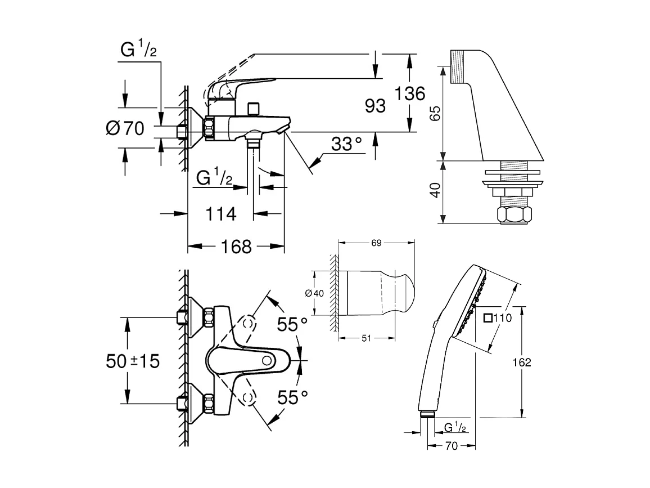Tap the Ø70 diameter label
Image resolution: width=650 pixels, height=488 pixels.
(125, 129)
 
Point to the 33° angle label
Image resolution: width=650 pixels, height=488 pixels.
(346, 145)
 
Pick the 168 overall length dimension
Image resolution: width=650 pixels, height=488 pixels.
(236, 246)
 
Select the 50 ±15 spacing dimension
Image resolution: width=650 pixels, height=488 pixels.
(133, 361)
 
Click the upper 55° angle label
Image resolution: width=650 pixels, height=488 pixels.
(292, 325)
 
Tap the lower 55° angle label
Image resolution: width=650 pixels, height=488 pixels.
(292, 397)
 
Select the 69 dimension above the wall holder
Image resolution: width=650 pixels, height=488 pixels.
(377, 243)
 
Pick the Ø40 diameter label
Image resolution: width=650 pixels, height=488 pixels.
(314, 293)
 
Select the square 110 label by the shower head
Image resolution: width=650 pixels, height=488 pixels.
(497, 318)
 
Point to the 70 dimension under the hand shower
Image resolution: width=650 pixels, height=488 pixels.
(452, 446)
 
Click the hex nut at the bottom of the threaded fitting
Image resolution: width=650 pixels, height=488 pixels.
(513, 215)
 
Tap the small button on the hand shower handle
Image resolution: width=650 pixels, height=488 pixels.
(435, 324)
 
